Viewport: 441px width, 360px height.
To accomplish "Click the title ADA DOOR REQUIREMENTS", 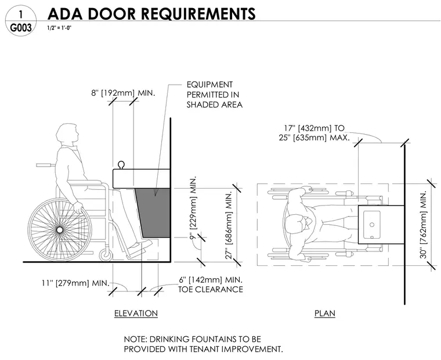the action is pos(151,13).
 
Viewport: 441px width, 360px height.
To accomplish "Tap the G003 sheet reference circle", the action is pos(21,21).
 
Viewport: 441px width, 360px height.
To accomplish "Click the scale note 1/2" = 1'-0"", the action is pos(59,28).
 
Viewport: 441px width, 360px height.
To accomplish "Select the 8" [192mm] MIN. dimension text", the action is pos(123,93).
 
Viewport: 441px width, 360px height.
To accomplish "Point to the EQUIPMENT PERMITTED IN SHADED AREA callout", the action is pos(214,95).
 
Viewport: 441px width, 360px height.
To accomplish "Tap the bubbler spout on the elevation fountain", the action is pos(121,165).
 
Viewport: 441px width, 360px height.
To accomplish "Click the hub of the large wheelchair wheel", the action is pos(60,231).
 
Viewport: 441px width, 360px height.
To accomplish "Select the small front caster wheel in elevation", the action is pos(106,255).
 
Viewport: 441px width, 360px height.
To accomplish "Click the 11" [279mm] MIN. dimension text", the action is pos(75,283).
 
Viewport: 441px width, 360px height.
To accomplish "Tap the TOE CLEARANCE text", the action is pos(211,290).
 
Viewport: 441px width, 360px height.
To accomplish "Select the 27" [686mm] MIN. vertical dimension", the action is pos(229,225).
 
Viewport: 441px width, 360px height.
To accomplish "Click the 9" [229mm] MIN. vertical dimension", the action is pos(194,208).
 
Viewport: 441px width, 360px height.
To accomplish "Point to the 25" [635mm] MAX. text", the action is pos(314,138).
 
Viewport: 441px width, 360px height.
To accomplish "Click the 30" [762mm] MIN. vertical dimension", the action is pos(424,224).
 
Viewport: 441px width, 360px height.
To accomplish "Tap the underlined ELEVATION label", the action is pos(136,314).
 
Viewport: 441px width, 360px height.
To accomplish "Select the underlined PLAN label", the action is pos(325,314).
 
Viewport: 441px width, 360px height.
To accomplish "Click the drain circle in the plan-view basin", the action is pos(372,225).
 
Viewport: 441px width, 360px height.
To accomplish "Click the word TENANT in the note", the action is pos(203,349).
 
